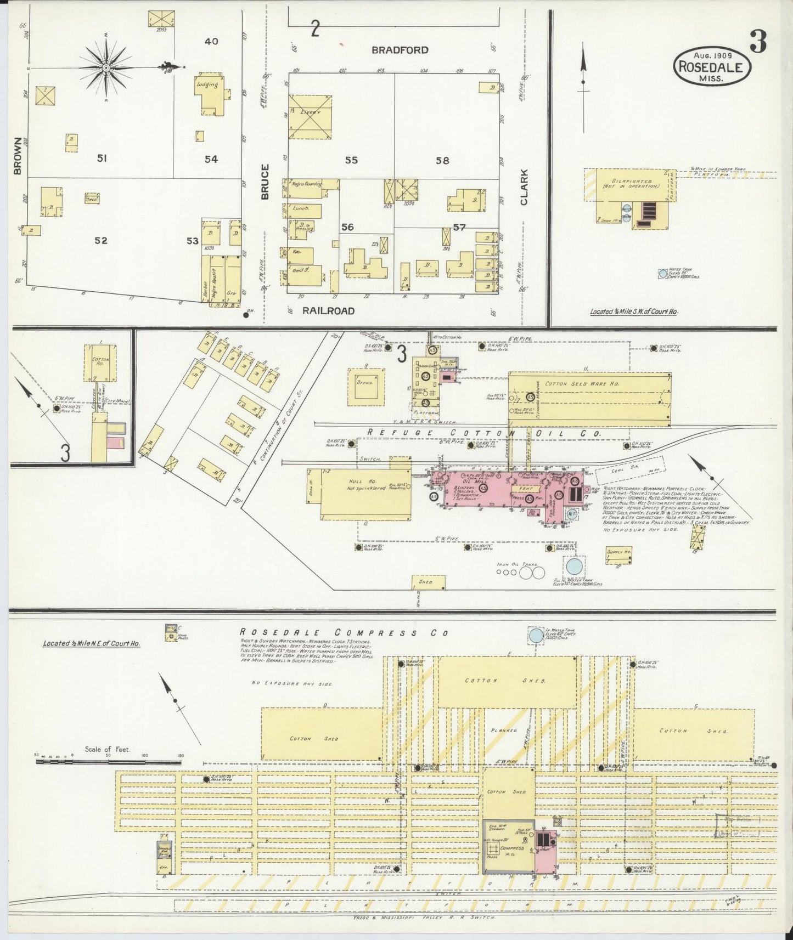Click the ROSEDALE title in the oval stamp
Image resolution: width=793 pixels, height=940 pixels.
point(711,67)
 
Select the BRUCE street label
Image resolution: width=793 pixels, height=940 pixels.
point(265,182)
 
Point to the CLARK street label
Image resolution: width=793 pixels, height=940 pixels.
point(524,187)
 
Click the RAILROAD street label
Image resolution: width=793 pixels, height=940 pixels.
point(328,311)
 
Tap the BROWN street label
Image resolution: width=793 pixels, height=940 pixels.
point(17,156)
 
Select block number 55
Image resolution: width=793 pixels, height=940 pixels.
point(351,160)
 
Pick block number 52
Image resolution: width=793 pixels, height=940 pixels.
point(101,240)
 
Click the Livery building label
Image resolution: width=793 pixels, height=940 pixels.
point(310,112)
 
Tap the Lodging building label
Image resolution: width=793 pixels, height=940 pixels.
point(209,85)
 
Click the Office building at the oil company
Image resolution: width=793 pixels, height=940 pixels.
point(365,382)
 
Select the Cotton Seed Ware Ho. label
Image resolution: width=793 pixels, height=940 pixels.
point(582,384)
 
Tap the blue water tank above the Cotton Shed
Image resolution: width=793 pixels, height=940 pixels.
point(535,636)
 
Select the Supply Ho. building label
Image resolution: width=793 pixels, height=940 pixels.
point(619,552)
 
